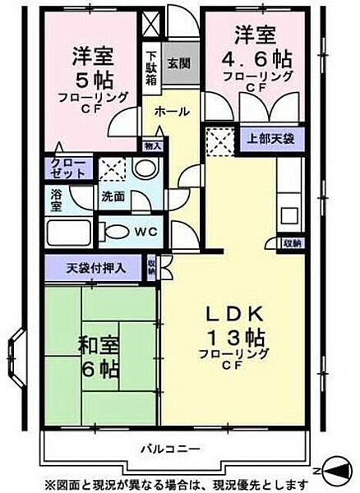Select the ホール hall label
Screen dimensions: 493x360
click(x=171, y=111)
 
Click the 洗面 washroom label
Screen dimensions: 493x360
click(x=113, y=197)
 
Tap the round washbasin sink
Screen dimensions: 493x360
click(x=144, y=169)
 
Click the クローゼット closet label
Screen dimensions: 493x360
click(x=67, y=168)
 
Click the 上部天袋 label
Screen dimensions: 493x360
click(x=262, y=139)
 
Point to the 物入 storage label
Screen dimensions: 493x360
click(x=152, y=145)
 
